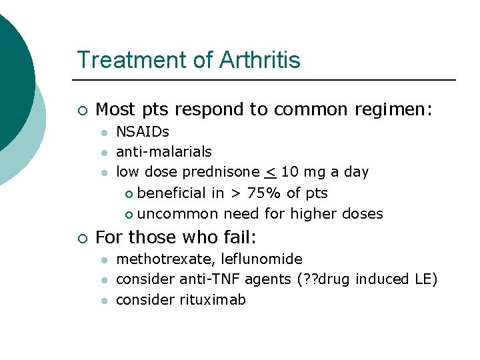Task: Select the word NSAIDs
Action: click(x=143, y=131)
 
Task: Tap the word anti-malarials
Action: click(x=164, y=151)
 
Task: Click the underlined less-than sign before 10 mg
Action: click(x=270, y=172)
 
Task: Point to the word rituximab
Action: click(x=213, y=300)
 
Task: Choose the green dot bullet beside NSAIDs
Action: click(x=104, y=133)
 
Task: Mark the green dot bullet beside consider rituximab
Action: click(x=104, y=301)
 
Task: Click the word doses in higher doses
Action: click(x=362, y=214)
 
